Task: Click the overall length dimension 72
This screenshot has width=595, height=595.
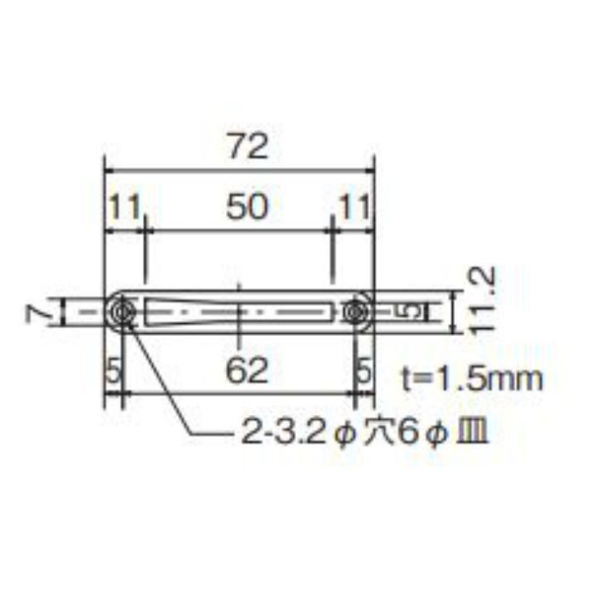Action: [248, 147]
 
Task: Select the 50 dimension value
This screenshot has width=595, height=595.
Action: [247, 207]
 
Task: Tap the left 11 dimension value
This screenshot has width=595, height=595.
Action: [125, 207]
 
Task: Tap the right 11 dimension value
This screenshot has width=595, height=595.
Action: [354, 207]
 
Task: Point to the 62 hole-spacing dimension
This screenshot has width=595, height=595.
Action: [247, 370]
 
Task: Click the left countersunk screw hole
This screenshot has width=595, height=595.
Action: [122, 313]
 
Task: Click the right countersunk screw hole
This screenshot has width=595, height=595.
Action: [354, 313]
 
